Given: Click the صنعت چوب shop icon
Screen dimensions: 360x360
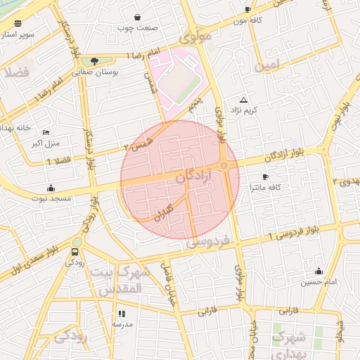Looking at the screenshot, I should coord(136,18).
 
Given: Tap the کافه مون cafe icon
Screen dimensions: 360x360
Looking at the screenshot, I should coord(247,9).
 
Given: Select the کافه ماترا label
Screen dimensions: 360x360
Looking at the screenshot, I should coord(264,188).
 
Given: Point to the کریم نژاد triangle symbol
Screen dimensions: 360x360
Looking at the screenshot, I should coord(244,100).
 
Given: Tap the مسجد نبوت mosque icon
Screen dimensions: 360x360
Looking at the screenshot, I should coord(51,188).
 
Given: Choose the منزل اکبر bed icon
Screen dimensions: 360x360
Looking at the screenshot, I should coord(46,132).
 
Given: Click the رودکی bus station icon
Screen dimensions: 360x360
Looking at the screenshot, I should coord(75,252).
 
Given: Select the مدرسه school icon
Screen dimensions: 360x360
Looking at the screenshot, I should coord(122,314).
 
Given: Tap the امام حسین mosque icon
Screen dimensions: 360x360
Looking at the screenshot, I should coord(319,271).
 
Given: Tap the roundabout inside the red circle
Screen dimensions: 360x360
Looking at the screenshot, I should coord(224,166).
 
